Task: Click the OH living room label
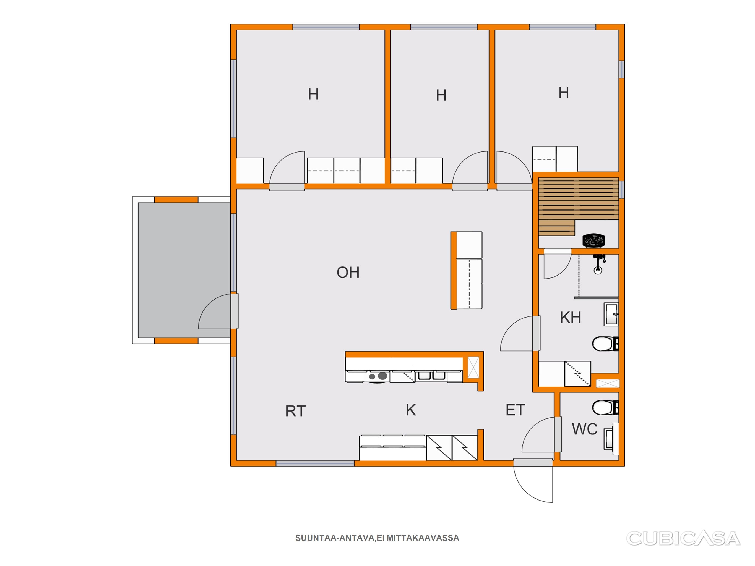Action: click(x=348, y=272)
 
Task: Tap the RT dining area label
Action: click(x=295, y=411)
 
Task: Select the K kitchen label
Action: click(x=411, y=410)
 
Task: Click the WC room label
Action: click(x=585, y=429)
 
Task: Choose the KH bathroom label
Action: click(x=570, y=317)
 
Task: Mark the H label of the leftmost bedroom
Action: click(x=313, y=94)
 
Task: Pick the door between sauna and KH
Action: click(x=557, y=264)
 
